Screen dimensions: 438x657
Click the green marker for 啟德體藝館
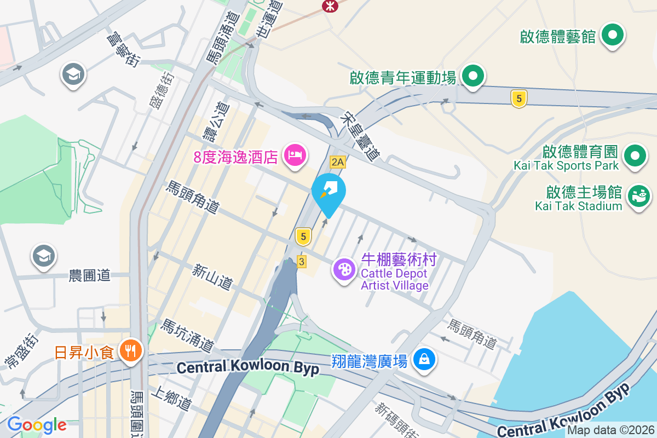(613, 37)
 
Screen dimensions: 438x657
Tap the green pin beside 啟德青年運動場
(472, 77)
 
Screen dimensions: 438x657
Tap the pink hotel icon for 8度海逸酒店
(295, 155)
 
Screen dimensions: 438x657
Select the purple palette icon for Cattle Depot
(344, 270)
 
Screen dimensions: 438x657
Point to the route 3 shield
(302, 262)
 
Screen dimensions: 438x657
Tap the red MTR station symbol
(330, 5)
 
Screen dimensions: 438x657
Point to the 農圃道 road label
(90, 275)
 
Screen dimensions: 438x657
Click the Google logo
(37, 424)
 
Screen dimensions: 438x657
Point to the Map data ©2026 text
(610, 430)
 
